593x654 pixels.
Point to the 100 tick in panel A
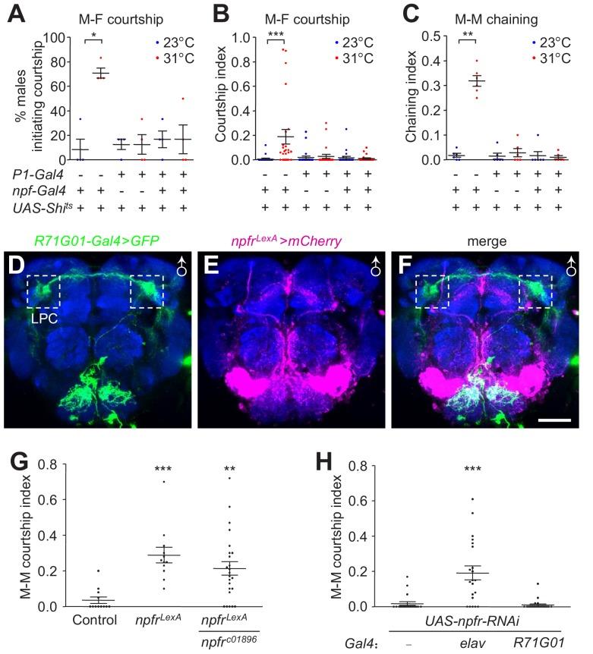coord(51,36)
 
